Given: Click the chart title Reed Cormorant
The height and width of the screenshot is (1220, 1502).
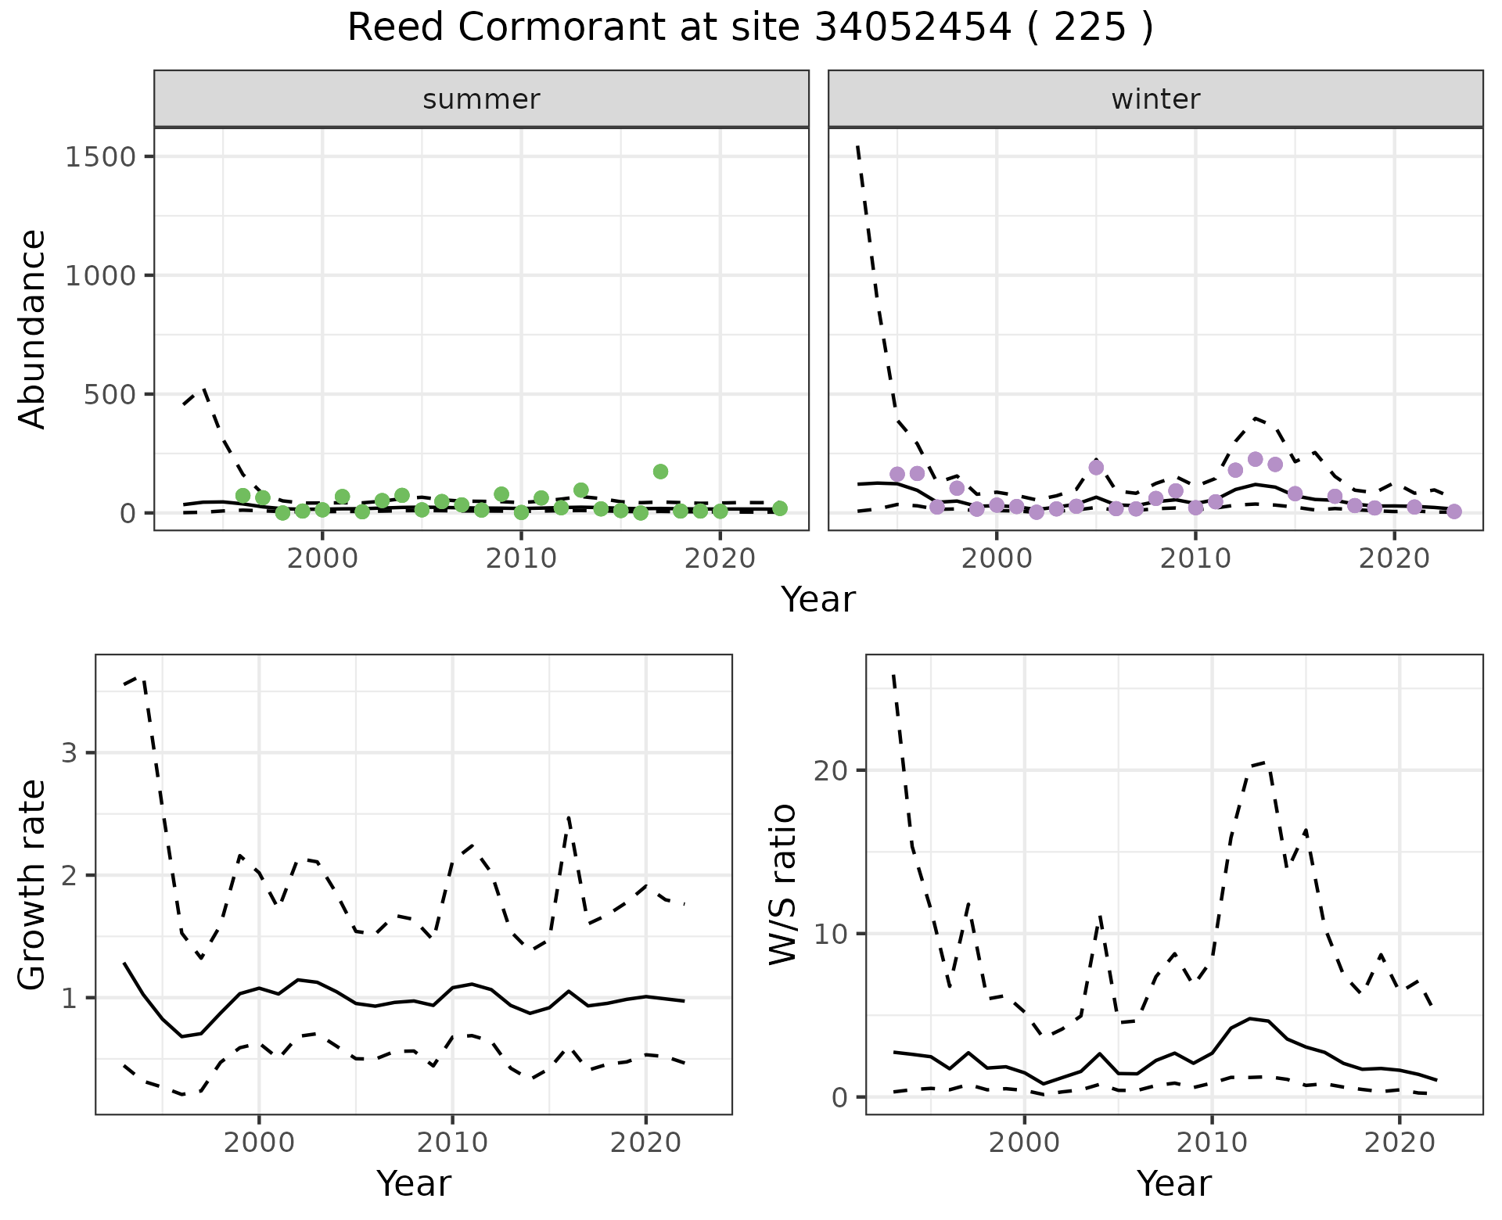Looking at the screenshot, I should pos(749,28).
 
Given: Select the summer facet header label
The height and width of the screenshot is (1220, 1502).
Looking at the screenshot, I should pos(481,99).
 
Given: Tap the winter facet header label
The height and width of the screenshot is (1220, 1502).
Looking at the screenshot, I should pos(1155,99).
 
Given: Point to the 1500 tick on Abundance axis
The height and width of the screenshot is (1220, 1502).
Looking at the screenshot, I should pos(101,156).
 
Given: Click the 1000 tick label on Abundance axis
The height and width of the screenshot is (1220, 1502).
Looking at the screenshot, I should pos(101,275).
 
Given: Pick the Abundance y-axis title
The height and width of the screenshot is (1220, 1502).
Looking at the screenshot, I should pos(32,328).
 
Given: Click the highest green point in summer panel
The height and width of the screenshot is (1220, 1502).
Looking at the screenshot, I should pos(660,472).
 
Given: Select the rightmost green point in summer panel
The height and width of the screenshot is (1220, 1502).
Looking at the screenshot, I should pos(779,508).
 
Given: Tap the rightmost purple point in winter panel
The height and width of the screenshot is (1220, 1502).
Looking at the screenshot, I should pos(1453,511).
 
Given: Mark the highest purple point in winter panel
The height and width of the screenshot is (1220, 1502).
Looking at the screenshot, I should pos(1255,460).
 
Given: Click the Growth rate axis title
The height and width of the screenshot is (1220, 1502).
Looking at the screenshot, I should pos(32,885).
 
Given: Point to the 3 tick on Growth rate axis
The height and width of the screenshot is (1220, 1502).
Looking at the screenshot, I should pos(70,753).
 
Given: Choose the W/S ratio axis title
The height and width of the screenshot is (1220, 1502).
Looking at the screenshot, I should pos(782,884).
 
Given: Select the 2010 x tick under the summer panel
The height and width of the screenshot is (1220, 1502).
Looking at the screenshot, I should pos(521,559).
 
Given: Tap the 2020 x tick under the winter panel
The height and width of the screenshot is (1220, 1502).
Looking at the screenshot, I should pos(1393,559).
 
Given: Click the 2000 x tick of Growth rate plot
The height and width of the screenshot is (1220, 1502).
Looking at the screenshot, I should pos(259,1143).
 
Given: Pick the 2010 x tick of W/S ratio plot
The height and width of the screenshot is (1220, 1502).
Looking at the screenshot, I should pos(1212,1143).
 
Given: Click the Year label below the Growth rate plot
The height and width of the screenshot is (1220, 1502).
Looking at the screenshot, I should pos(414,1183).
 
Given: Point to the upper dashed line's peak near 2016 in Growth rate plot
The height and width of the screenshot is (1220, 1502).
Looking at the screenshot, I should pos(569,818).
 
